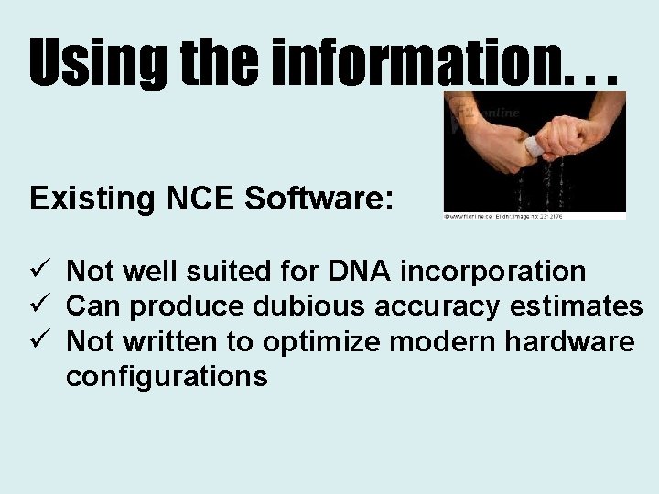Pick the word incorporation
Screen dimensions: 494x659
[x=494, y=271]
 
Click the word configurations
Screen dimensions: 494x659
[x=167, y=375]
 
